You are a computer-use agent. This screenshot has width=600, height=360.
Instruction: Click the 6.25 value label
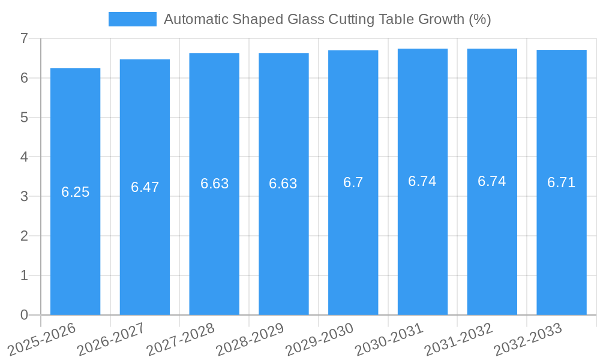click(x=75, y=192)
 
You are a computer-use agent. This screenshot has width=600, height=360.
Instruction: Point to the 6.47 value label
click(x=145, y=187)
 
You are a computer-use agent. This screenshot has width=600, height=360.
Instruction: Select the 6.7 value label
click(x=353, y=182)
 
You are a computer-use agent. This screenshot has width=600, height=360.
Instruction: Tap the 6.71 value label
click(x=561, y=182)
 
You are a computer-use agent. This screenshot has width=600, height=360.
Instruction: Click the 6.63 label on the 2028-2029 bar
click(x=283, y=184)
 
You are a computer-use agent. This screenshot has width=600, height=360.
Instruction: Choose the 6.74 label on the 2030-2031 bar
click(x=422, y=181)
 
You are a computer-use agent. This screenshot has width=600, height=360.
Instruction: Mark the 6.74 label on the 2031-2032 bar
click(x=491, y=181)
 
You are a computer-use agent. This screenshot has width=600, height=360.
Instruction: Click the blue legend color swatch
click(x=132, y=19)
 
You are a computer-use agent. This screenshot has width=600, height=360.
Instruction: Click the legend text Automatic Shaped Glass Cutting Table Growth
click(x=327, y=19)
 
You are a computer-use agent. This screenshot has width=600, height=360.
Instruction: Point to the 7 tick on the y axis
click(x=24, y=38)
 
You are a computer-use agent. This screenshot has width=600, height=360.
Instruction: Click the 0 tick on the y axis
click(x=24, y=315)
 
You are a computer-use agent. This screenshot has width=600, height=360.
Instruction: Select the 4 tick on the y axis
click(x=24, y=157)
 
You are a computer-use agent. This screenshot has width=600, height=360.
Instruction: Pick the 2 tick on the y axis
click(x=24, y=236)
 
